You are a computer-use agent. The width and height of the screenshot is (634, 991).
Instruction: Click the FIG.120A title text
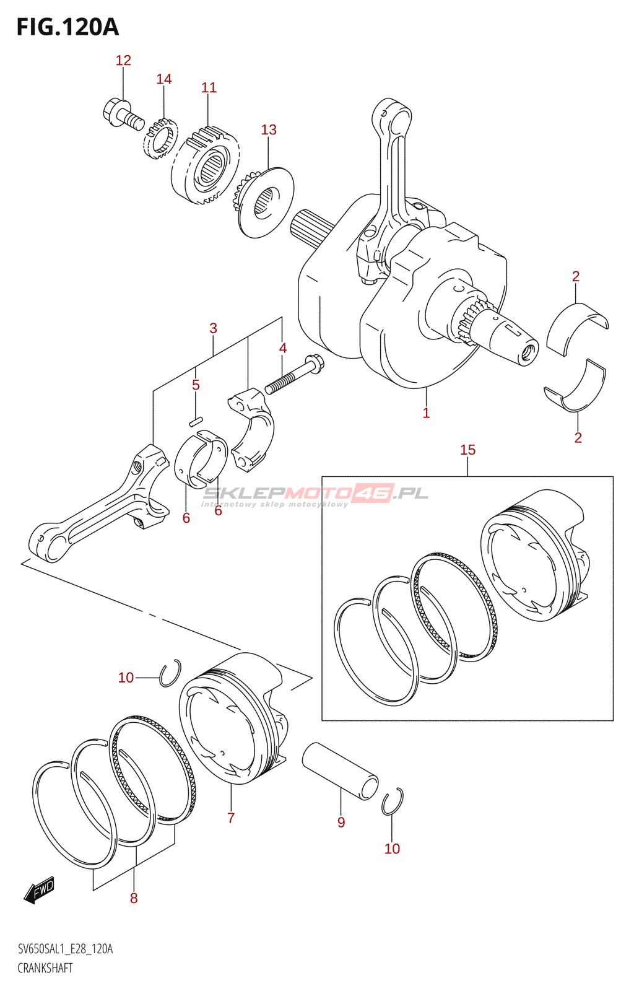67,27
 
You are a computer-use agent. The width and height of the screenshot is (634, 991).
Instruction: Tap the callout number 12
123,61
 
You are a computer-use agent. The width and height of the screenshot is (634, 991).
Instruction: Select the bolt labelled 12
123,114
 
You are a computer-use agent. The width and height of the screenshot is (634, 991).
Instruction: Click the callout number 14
163,79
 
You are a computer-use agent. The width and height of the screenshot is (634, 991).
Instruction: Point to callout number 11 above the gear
209,87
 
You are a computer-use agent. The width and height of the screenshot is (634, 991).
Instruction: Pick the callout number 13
268,129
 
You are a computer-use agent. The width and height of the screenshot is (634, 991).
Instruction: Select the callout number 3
213,328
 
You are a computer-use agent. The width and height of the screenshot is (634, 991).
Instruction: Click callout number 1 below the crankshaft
426,413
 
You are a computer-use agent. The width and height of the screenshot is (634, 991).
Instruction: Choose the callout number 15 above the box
468,450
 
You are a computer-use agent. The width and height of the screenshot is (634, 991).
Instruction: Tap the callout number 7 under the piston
231,818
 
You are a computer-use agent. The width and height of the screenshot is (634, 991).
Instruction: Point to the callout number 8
134,898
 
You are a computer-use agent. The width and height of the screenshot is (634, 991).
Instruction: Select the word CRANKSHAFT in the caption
45,969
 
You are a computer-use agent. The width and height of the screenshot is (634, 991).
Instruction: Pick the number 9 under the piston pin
341,823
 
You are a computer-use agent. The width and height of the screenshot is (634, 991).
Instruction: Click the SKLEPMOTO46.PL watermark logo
315,495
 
